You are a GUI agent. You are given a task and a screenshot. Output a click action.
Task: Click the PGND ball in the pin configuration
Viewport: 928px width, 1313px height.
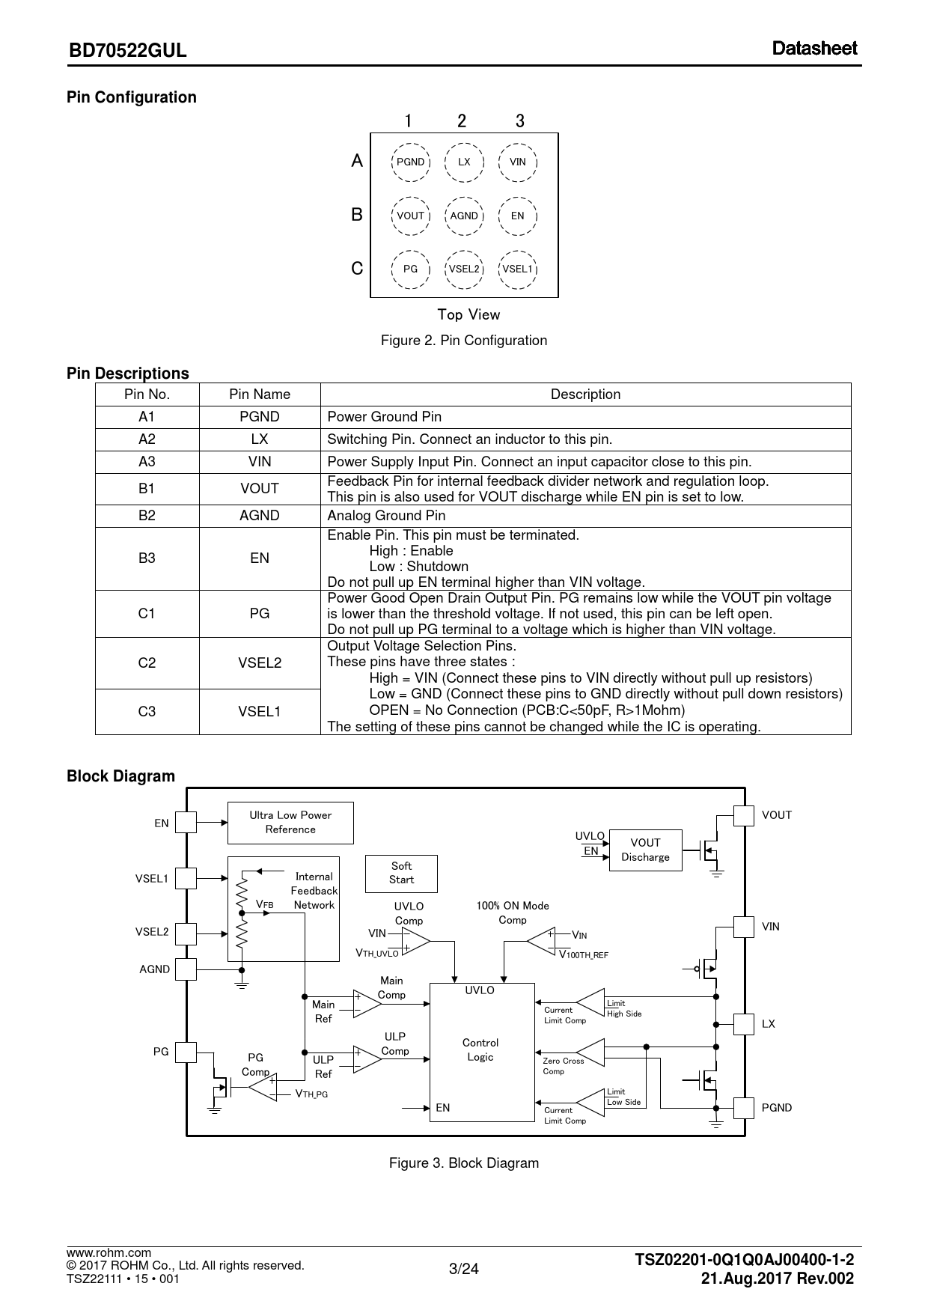[410, 162]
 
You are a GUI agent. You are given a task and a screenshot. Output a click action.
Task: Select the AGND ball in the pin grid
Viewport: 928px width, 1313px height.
[464, 216]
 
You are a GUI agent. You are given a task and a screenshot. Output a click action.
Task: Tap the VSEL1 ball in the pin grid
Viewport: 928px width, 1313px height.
[517, 269]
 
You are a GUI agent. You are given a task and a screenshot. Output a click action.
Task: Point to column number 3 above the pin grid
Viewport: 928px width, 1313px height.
[520, 121]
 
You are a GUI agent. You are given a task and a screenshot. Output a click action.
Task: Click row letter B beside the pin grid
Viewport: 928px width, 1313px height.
[357, 215]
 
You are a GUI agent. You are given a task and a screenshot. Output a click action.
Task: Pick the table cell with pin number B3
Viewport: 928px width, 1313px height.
[147, 558]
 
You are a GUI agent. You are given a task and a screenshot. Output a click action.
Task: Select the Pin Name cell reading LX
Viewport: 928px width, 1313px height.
[259, 439]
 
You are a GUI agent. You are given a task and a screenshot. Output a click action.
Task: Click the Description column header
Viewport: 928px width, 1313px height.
[585, 394]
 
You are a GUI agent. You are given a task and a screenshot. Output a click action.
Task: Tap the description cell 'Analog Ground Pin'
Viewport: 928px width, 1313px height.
[585, 516]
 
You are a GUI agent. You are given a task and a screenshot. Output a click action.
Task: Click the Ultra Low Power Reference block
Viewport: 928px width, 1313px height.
[290, 823]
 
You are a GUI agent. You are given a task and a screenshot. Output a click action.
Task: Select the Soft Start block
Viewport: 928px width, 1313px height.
[401, 873]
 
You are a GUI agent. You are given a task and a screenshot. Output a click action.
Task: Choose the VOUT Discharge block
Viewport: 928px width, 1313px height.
[645, 850]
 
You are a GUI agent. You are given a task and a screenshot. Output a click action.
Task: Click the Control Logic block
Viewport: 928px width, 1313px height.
[481, 1051]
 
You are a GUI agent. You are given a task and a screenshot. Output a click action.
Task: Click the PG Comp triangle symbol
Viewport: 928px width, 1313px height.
[262, 1087]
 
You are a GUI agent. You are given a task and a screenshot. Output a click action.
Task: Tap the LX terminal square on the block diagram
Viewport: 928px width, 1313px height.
[744, 1023]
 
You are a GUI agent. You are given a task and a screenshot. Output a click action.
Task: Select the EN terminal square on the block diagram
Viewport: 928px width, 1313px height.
[186, 823]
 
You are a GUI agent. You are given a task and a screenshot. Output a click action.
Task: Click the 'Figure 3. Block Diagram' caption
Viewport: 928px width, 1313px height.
[463, 1163]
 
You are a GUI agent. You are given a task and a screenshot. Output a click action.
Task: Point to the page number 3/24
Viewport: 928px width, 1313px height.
[463, 1268]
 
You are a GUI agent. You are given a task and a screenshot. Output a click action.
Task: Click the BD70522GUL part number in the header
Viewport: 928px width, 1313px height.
[127, 51]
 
